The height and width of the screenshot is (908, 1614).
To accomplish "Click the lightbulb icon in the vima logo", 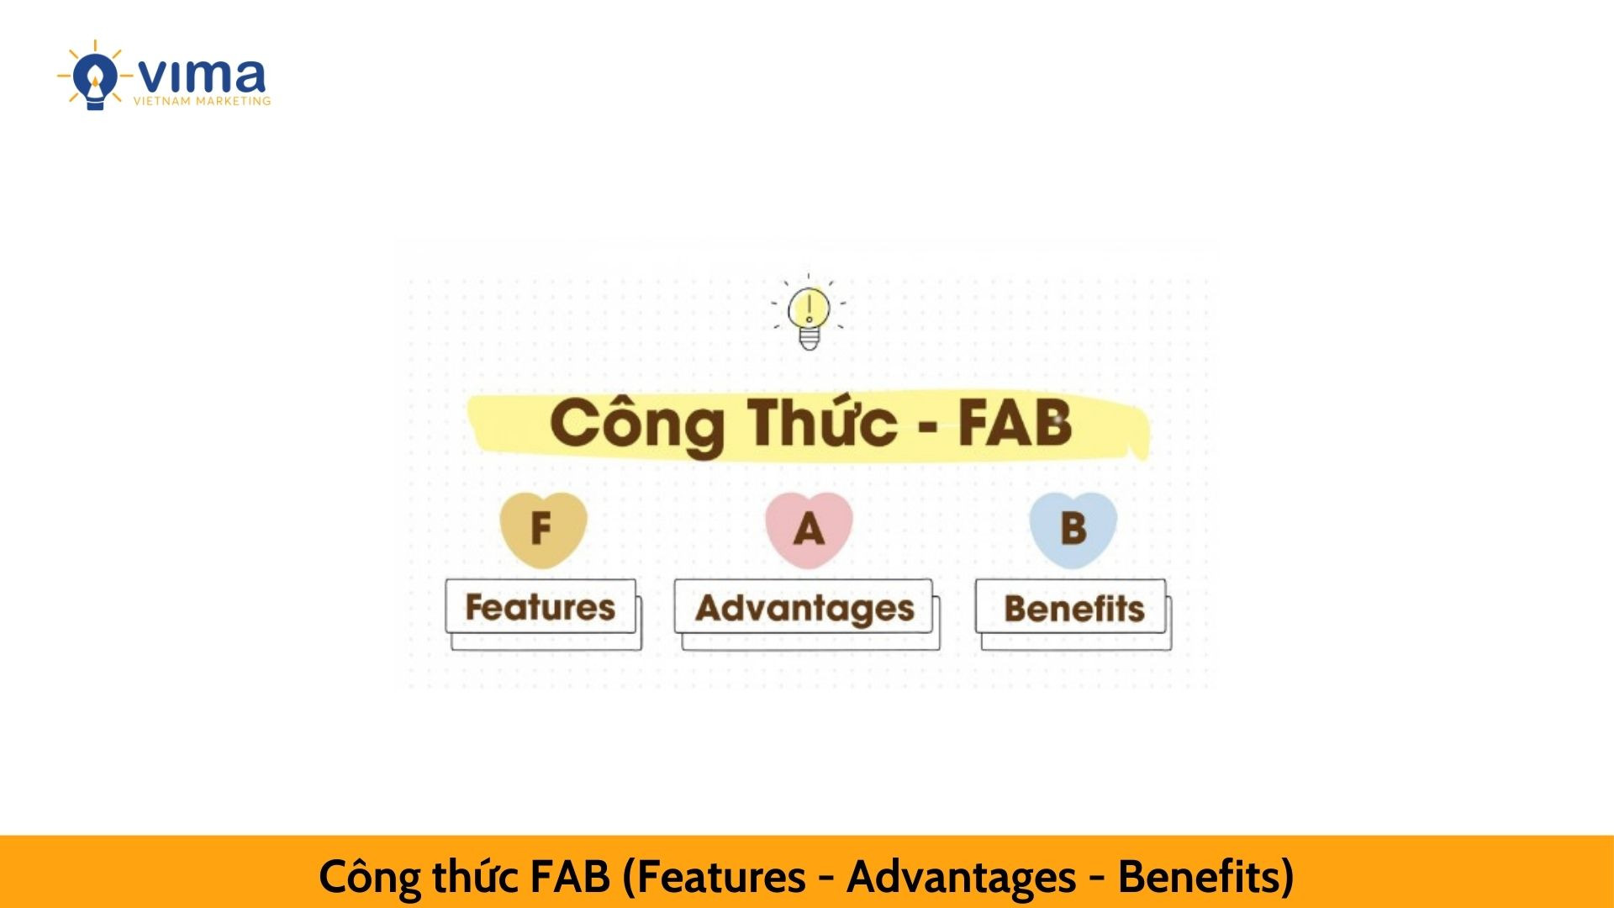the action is [94, 77].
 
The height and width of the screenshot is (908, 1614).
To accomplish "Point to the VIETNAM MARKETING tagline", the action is [202, 101].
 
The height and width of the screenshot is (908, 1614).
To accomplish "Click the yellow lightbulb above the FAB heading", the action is [809, 312].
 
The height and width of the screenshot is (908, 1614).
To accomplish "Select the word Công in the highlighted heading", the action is [636, 425].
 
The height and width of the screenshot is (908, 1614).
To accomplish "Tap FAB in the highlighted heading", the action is [1015, 422].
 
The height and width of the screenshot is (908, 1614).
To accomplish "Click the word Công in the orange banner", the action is [370, 878].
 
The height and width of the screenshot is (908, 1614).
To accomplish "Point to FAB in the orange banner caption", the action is [570, 876].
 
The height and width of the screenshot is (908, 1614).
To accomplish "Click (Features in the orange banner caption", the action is [714, 877].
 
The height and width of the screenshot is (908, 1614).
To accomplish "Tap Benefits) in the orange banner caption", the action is [1205, 877].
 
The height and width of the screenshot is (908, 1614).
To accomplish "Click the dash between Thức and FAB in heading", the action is [928, 427].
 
